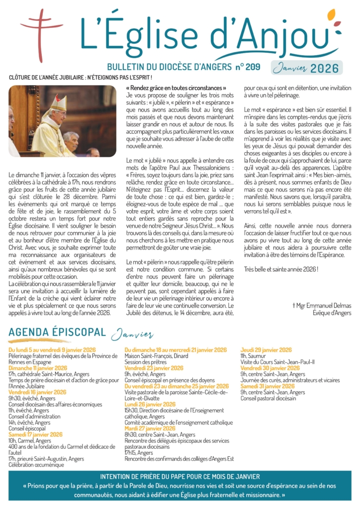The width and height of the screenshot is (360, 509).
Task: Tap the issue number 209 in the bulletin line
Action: coord(253,67)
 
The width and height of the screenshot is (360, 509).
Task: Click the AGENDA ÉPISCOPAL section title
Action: coord(57,333)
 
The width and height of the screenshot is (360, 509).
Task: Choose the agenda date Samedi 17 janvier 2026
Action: coord(35,434)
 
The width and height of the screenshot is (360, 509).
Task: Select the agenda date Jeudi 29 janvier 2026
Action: coord(266,350)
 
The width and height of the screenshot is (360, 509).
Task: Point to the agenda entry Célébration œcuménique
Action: coord(36,464)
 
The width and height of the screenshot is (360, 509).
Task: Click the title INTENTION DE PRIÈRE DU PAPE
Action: coord(180,476)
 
